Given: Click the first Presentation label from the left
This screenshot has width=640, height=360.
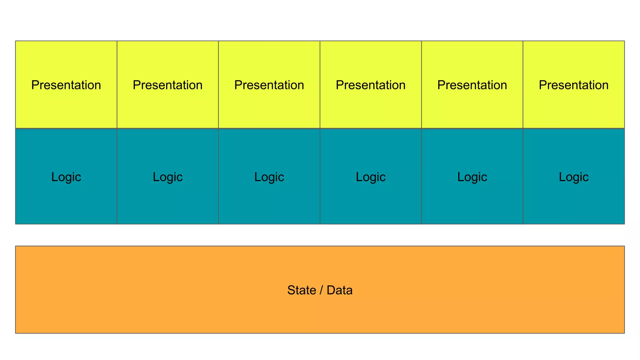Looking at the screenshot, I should tap(66, 85).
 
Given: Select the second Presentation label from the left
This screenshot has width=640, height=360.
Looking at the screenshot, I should tap(167, 85).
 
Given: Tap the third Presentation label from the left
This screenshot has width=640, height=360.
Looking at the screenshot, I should tap(269, 85).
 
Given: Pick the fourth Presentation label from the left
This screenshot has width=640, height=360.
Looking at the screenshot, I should tap(371, 85).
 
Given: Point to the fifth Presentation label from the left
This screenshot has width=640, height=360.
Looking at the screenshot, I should tap(472, 85).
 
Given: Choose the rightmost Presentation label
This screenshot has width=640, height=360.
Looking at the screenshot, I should tap(573, 85).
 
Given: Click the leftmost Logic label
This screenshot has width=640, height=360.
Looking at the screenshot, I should tap(66, 177).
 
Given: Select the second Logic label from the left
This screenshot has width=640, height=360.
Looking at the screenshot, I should tap(167, 177).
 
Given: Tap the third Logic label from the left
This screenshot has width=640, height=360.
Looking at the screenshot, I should tap(269, 177).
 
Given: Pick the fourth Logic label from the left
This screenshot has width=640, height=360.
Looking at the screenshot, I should tap(371, 177).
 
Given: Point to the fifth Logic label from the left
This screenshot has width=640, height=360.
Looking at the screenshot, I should tap(472, 177).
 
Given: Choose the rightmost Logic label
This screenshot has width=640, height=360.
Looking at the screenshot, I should tap(573, 177).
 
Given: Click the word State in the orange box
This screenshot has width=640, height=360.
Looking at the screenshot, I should tap(302, 290).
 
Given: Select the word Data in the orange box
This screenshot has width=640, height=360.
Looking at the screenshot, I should tap(339, 290).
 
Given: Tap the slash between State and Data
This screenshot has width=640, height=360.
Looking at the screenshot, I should tap(321, 290).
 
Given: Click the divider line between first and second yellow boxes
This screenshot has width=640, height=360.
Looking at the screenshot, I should tap(117, 62).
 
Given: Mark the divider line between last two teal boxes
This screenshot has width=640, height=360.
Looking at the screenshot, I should tap(523, 203).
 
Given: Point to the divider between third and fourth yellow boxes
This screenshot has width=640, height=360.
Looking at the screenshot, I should tap(320, 62).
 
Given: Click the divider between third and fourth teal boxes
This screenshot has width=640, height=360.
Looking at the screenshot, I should tap(320, 203).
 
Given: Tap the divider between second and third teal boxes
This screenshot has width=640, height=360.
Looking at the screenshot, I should tap(218, 203).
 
